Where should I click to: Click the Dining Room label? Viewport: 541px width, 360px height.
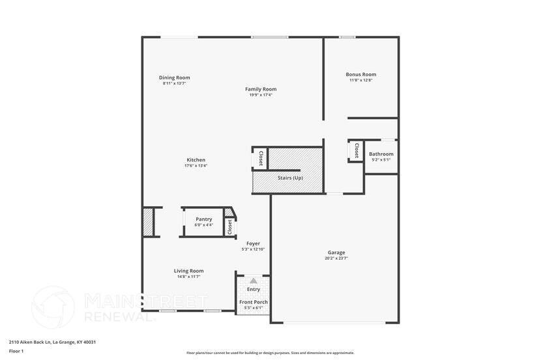175,77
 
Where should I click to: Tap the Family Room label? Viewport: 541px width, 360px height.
261,89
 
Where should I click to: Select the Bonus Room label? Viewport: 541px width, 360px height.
360,74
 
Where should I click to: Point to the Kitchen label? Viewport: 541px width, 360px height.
196,159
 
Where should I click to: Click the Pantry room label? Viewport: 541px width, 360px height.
203,219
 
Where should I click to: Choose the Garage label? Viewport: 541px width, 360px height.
336,253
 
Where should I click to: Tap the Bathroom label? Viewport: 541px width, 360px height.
381,154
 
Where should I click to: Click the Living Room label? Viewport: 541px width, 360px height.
188,271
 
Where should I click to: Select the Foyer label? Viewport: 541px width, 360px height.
253,243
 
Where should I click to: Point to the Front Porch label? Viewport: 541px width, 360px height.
253,302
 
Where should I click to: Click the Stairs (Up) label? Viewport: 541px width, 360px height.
289,178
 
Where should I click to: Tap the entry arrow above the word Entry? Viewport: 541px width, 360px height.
254,281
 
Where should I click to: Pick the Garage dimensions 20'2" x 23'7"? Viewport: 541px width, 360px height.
336,258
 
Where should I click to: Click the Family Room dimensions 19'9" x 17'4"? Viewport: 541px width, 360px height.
261,95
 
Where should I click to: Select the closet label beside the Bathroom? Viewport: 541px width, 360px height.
356,151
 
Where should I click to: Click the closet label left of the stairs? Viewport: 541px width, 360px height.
260,158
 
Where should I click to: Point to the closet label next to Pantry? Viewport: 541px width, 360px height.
229,227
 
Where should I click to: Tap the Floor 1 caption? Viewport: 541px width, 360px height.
16,351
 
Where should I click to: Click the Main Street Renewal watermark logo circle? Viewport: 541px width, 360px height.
53,307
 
